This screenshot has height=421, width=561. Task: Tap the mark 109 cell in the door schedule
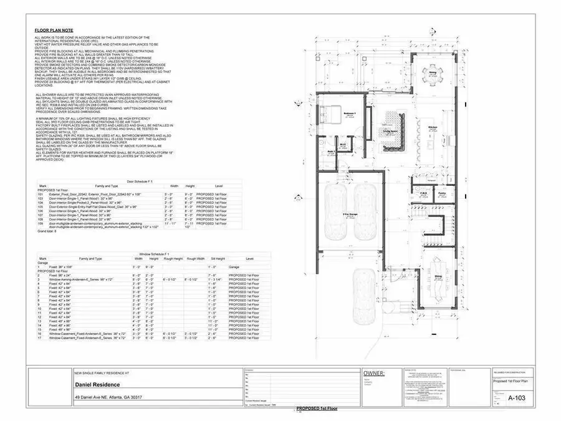coord(43,223)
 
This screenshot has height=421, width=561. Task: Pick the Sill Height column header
coord(218,258)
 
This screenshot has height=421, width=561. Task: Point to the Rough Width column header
coord(195,258)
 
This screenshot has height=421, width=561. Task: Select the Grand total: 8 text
coord(47,231)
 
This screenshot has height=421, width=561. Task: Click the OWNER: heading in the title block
coord(375,374)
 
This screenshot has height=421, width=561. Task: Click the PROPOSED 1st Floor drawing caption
coord(316,407)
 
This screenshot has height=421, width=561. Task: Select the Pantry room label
coord(442,193)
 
